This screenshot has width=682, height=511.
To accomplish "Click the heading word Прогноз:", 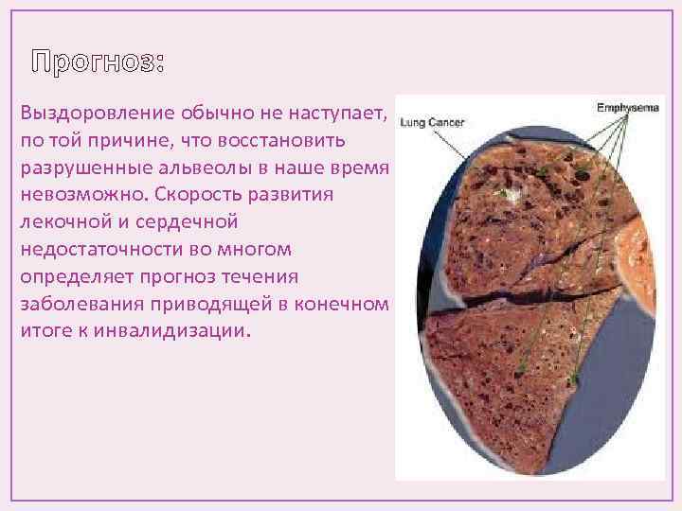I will point(98,63).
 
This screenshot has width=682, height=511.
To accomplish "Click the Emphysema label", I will point(627,108).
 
